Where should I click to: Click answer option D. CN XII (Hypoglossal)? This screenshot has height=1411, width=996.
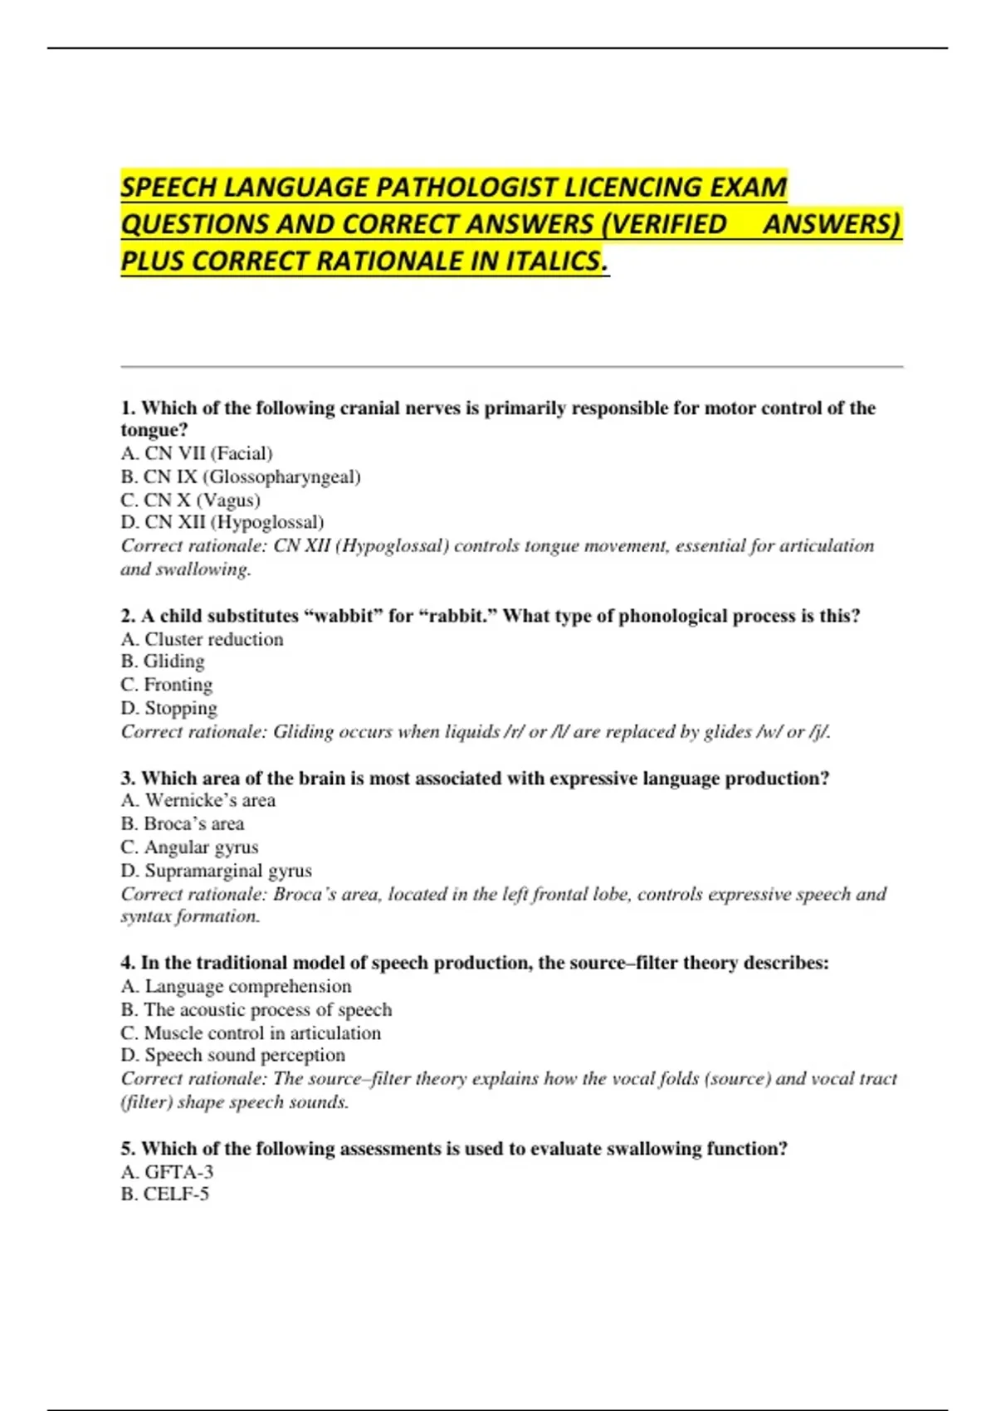[x=222, y=522]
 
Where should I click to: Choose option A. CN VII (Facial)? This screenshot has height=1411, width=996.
[x=197, y=453]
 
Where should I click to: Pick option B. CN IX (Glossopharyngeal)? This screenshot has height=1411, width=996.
[x=241, y=476]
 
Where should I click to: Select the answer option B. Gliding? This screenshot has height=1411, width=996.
[x=163, y=662]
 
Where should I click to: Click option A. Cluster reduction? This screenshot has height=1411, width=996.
[x=202, y=639]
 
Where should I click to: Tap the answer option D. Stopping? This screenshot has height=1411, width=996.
[x=169, y=708]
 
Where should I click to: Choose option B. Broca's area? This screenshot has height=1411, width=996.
[x=183, y=823]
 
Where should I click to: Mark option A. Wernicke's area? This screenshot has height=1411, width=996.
[x=198, y=800]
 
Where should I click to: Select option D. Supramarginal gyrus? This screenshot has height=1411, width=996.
[x=217, y=871]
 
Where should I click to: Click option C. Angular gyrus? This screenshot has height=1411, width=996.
[x=189, y=847]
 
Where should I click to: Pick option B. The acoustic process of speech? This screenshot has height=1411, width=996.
[x=256, y=1009]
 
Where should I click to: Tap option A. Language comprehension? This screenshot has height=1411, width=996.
[x=236, y=986]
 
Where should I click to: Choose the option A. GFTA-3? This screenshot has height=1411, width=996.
[x=167, y=1172]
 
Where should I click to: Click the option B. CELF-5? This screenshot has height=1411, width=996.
[x=165, y=1194]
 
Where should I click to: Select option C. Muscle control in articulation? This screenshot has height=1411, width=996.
[x=251, y=1033]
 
